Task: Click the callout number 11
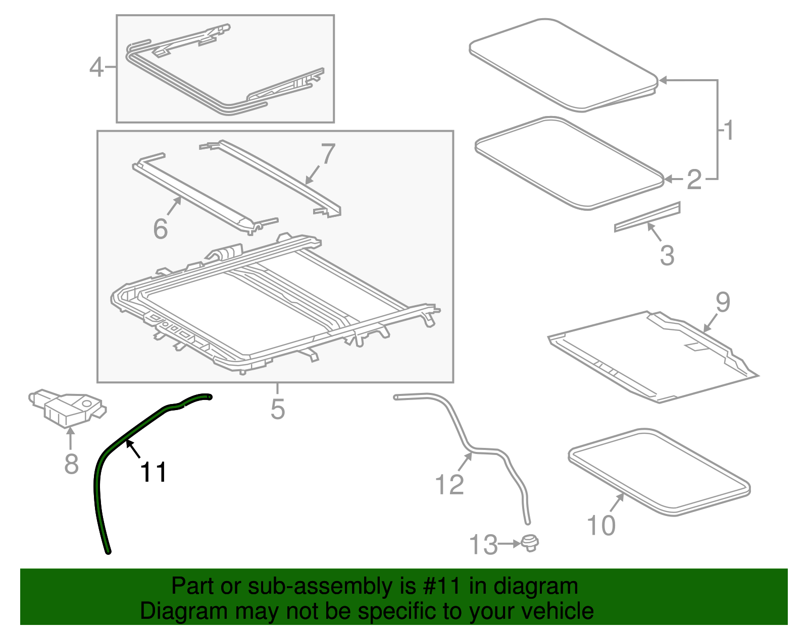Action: tap(153, 472)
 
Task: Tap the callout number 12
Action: tap(449, 484)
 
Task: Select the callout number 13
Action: tap(483, 545)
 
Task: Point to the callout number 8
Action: tap(71, 464)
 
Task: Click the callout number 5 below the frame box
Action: tap(278, 409)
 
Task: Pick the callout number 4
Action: tap(96, 67)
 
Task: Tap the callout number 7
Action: tap(328, 154)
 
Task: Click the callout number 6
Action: tap(161, 228)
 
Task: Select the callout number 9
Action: tap(723, 302)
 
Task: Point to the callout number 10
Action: tap(601, 525)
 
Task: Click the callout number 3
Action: tap(667, 255)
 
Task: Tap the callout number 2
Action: tap(694, 180)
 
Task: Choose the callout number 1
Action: tap(728, 130)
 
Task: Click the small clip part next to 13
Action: tap(530, 544)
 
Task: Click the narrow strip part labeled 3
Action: tap(647, 217)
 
